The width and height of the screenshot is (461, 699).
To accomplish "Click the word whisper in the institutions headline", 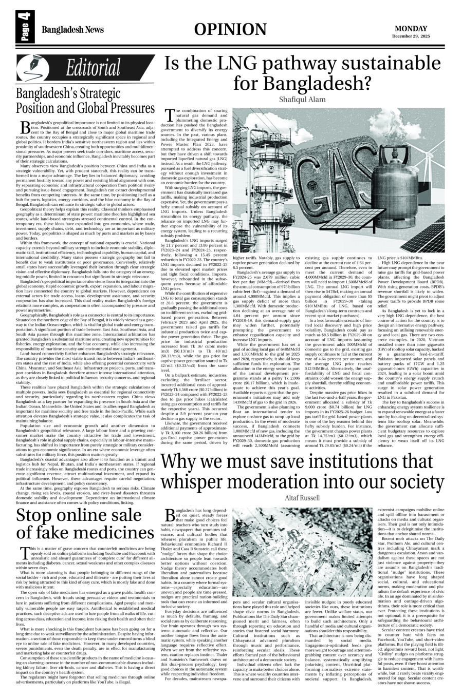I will coord(205,482).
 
